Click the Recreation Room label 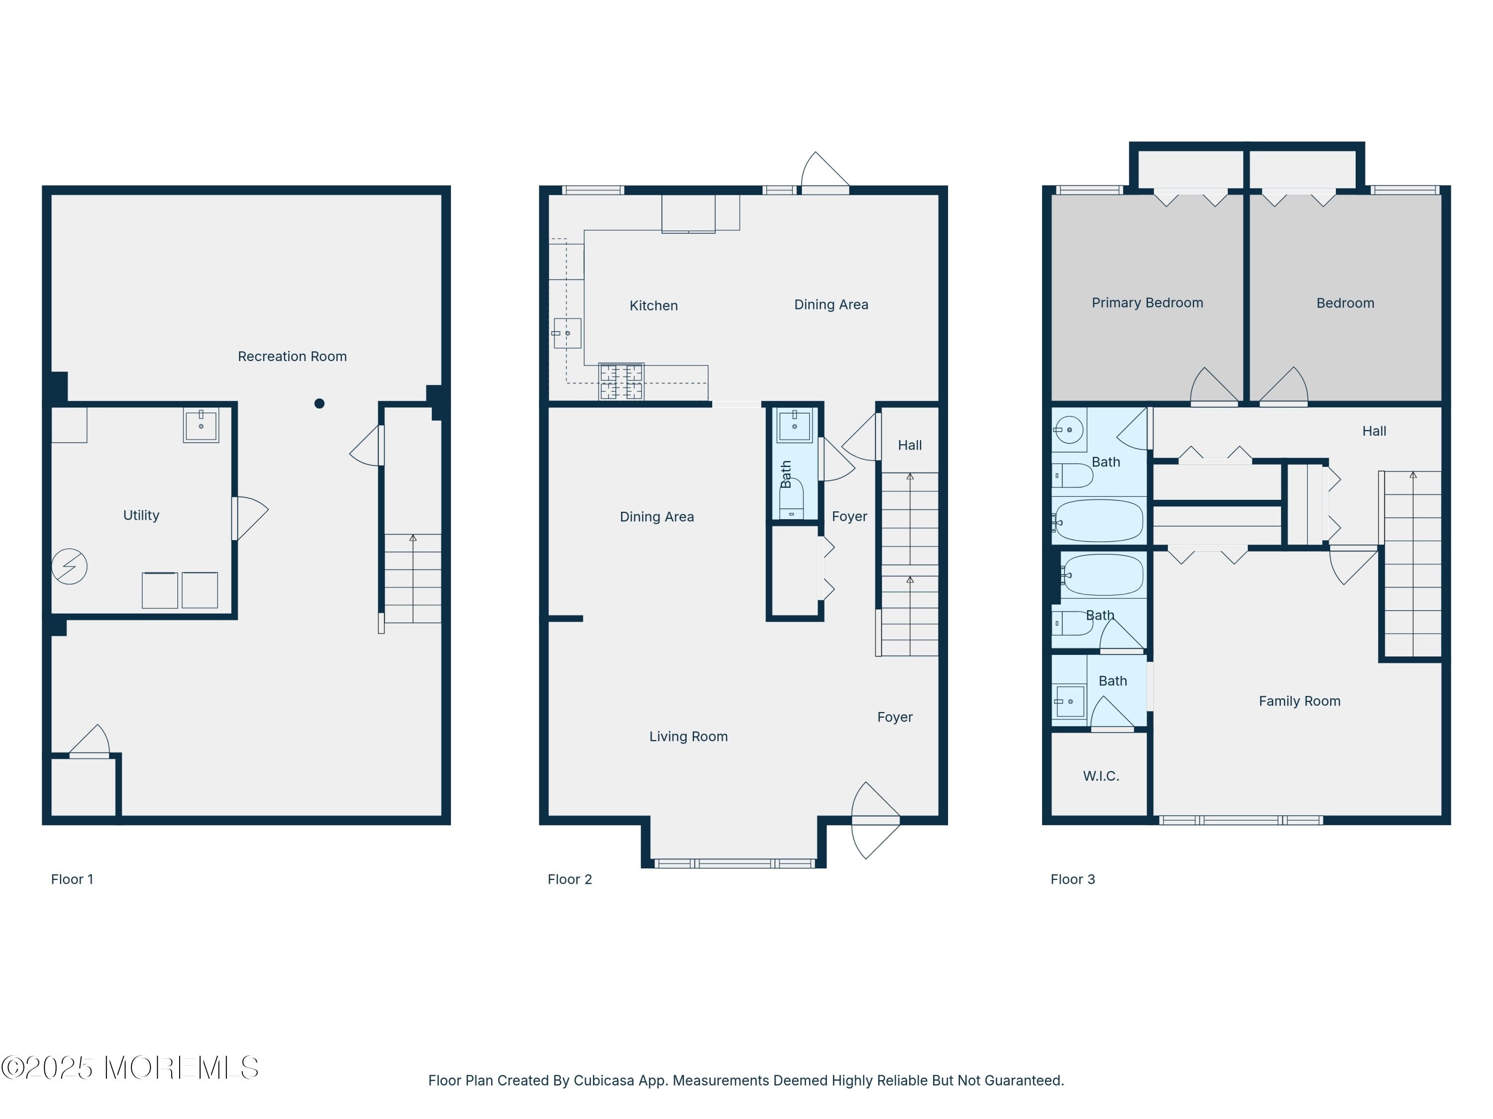[292, 356]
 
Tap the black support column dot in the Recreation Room [320, 403]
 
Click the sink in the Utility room [201, 426]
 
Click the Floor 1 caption [72, 879]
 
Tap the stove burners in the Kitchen [621, 382]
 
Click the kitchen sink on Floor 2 [567, 333]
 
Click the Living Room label [688, 737]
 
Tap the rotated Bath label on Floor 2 [786, 474]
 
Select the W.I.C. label [1100, 776]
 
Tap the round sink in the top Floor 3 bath [1069, 430]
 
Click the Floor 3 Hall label [1374, 431]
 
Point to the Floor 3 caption [1072, 879]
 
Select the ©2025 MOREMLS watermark [129, 1068]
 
